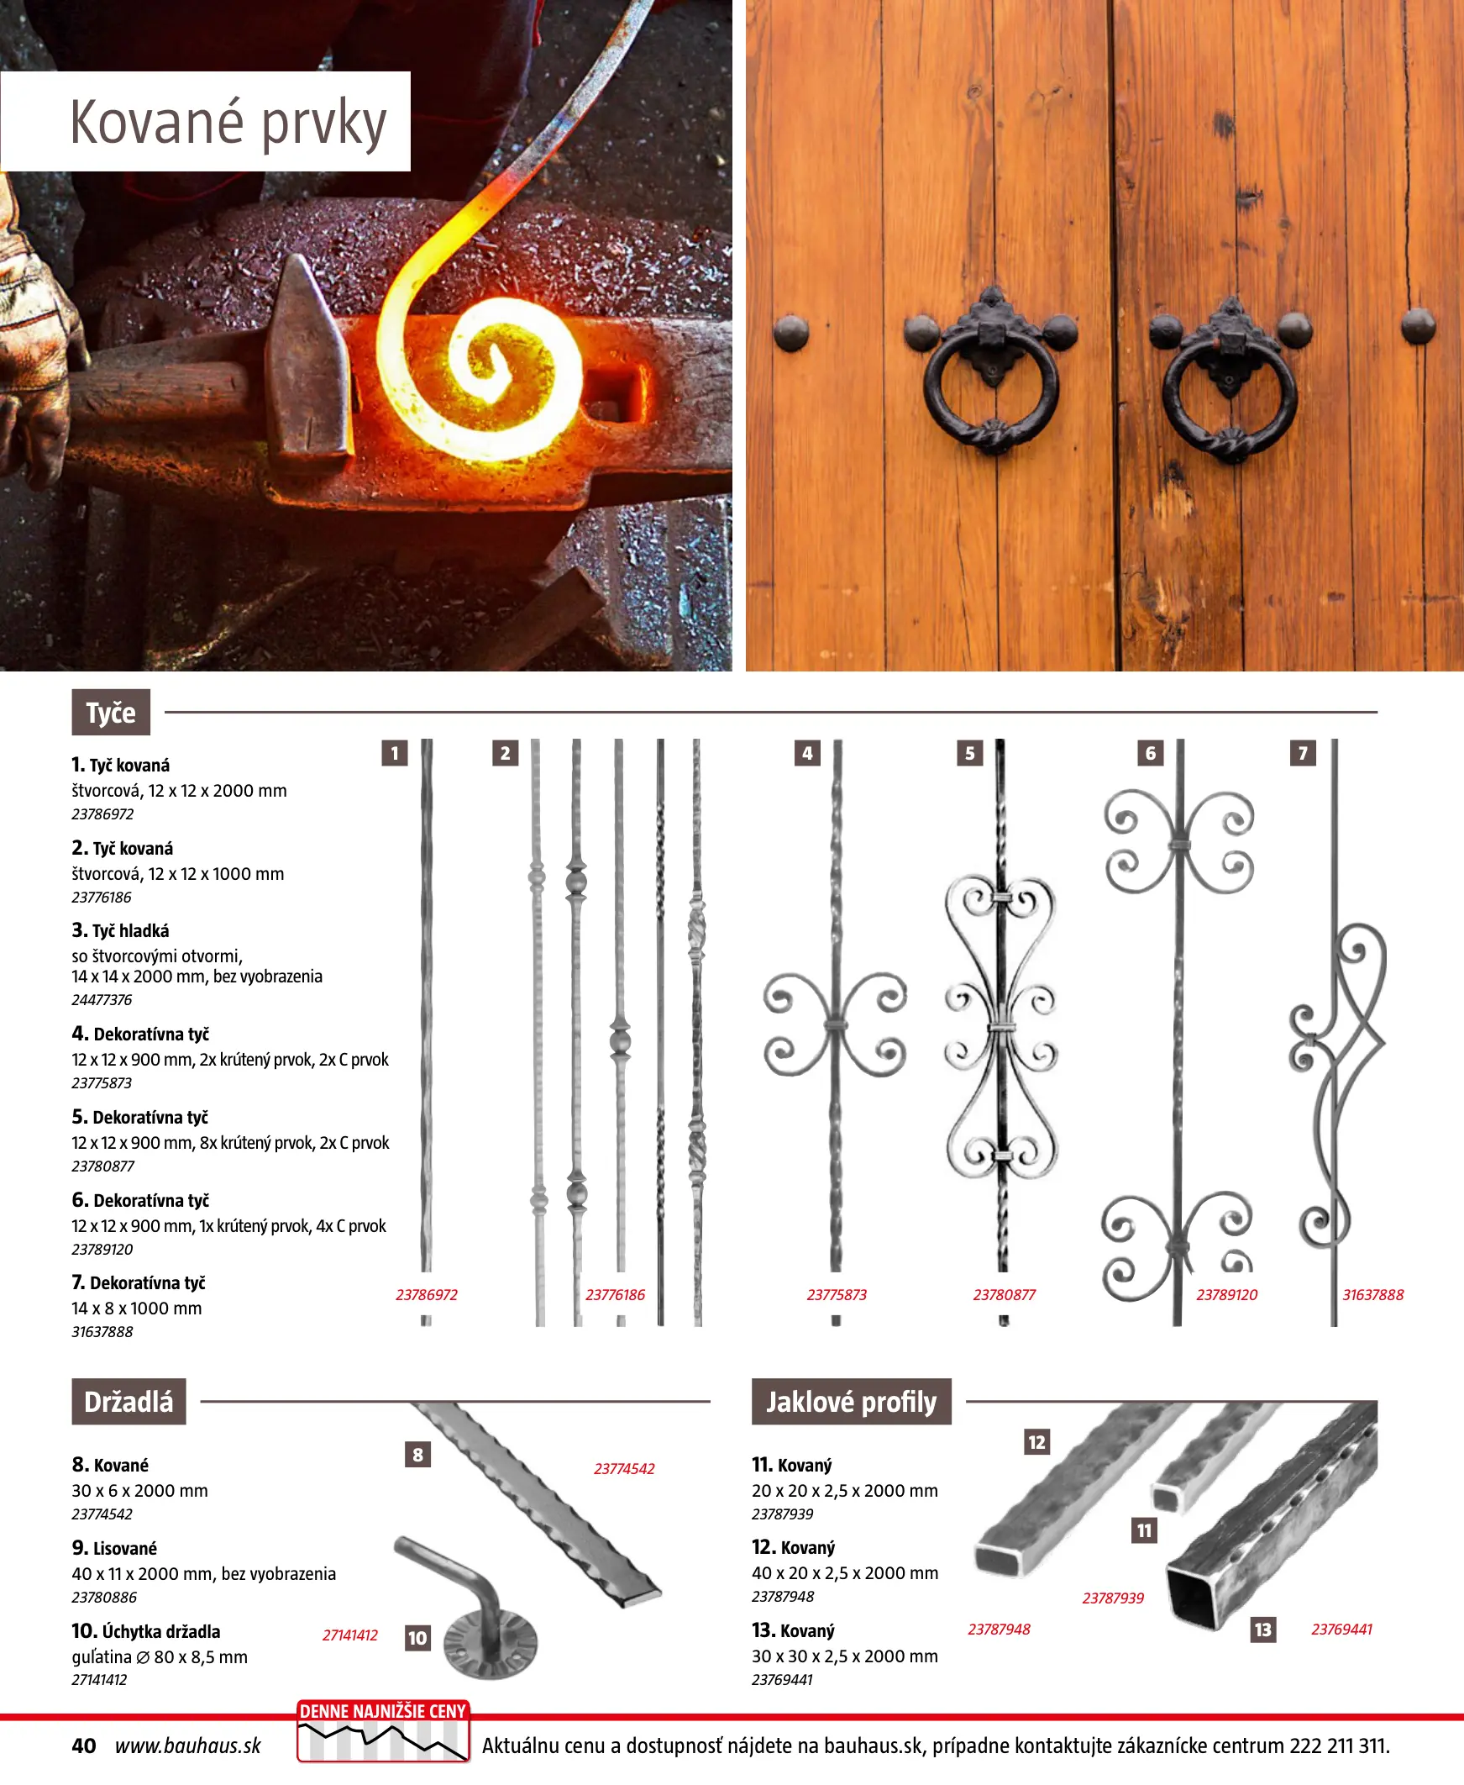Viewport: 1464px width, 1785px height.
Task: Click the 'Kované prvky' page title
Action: pyautogui.click(x=228, y=124)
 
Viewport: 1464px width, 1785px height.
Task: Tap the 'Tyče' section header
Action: pyautogui.click(x=111, y=713)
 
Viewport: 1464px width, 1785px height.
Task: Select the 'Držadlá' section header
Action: pyautogui.click(x=129, y=1402)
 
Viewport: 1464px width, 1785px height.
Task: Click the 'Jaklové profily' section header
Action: pyautogui.click(x=851, y=1402)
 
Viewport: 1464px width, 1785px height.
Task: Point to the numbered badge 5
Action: pyautogui.click(x=970, y=753)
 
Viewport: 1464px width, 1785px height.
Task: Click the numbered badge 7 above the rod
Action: pyautogui.click(x=1303, y=753)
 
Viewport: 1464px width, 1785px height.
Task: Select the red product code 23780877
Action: pyautogui.click(x=1004, y=1295)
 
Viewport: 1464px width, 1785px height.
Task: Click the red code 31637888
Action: pyautogui.click(x=1373, y=1295)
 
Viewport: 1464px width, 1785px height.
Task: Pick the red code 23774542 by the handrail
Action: pyautogui.click(x=624, y=1469)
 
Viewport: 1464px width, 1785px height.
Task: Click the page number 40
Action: pyautogui.click(x=83, y=1746)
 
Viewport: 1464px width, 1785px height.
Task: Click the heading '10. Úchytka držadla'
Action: pyautogui.click(x=146, y=1631)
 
